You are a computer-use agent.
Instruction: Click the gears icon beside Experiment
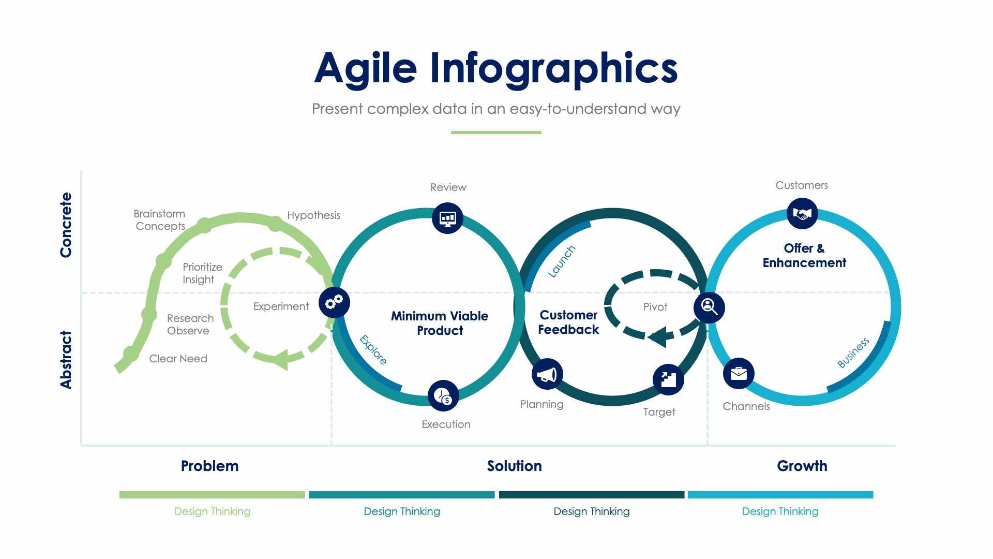click(334, 302)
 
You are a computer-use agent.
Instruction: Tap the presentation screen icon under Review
click(447, 218)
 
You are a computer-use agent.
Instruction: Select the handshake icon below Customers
click(802, 213)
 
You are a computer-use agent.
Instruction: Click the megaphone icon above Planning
click(547, 374)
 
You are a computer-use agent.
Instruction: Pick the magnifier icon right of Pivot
click(709, 307)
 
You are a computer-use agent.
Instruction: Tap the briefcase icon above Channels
click(739, 373)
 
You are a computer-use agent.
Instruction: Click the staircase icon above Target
click(668, 379)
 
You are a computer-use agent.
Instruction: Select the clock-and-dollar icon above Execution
click(443, 396)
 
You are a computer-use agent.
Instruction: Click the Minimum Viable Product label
click(440, 323)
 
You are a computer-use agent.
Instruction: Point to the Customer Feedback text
click(568, 322)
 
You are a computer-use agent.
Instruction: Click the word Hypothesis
click(313, 215)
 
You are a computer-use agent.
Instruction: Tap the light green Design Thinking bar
click(212, 495)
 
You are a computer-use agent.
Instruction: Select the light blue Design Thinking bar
click(780, 495)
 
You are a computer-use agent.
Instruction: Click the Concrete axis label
click(66, 225)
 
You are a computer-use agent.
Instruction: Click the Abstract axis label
click(66, 360)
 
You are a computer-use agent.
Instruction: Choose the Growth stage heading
click(802, 466)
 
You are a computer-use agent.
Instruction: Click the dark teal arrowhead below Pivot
click(657, 337)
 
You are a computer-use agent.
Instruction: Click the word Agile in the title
click(365, 68)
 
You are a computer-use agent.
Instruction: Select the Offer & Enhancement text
click(804, 256)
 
